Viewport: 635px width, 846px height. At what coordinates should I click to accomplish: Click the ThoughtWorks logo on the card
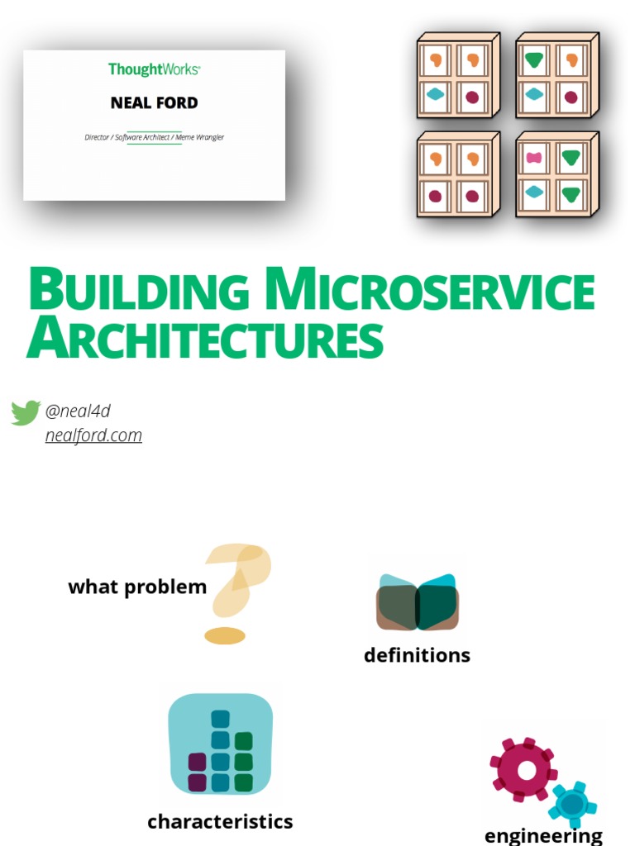click(154, 69)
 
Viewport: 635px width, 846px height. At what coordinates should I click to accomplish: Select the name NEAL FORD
click(154, 103)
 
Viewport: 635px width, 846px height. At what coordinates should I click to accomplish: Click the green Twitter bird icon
click(26, 411)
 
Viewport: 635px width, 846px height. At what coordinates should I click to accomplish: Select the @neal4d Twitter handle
click(78, 411)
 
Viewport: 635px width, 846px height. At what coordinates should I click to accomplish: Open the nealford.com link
click(93, 435)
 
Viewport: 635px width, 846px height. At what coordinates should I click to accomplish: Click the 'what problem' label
click(137, 587)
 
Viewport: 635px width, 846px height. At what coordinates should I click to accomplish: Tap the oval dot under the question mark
click(225, 635)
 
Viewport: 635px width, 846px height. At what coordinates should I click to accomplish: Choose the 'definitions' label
click(417, 655)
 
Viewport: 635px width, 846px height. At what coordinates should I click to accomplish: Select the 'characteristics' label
click(220, 822)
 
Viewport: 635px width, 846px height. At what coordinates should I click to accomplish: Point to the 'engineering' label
click(543, 835)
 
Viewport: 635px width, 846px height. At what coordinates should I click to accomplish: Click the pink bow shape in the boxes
click(534, 158)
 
